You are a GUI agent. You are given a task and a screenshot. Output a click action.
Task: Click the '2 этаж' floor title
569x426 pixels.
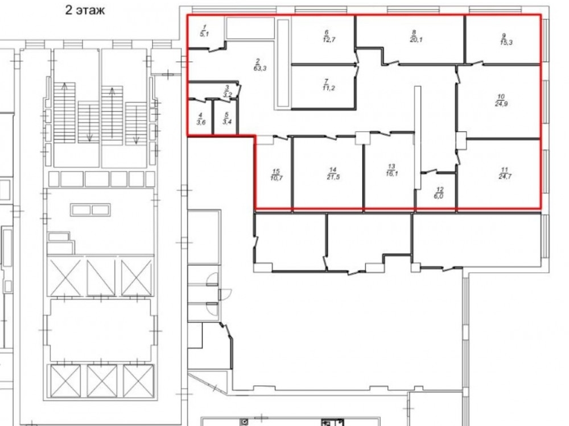[85, 10]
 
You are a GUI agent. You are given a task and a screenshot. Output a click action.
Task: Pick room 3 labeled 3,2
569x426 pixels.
[227, 91]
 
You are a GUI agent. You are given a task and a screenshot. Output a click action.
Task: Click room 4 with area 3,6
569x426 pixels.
[201, 119]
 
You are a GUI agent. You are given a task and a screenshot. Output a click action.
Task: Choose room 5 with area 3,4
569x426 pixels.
[227, 118]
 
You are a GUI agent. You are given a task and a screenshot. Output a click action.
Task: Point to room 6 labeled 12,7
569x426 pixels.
[327, 36]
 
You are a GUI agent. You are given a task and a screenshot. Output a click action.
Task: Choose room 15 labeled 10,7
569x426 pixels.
[276, 174]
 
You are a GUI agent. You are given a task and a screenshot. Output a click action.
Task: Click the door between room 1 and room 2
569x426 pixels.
[216, 48]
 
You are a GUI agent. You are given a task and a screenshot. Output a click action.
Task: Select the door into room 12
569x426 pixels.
[429, 172]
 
